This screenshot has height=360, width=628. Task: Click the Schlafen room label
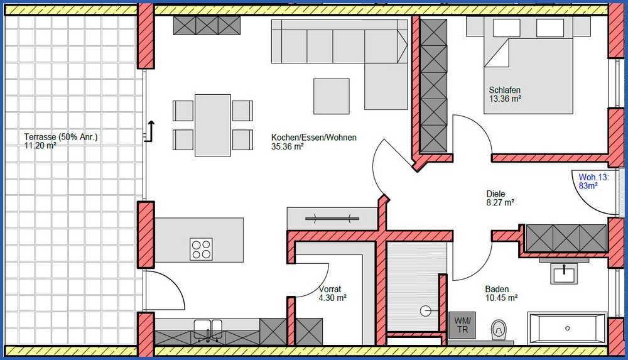[x=505, y=90]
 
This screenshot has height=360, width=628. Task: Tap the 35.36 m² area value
[x=287, y=146]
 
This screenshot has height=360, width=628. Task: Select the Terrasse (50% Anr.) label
[x=61, y=137]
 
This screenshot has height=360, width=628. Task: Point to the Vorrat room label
[x=330, y=288]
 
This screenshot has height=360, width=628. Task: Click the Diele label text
[x=495, y=194]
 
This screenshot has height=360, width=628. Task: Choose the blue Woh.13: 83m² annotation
[x=593, y=181]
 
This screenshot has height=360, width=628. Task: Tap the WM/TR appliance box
[x=462, y=325]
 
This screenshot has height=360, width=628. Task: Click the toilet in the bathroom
[x=499, y=329]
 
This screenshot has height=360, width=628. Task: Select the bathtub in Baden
[x=567, y=328]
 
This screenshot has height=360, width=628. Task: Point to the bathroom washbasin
[x=564, y=273]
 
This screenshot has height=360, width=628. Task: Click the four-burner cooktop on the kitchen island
[x=202, y=249]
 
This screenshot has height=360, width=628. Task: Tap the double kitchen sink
[x=208, y=330]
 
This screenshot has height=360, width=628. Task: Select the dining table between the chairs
[x=213, y=125]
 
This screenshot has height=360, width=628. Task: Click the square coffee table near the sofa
[x=331, y=96]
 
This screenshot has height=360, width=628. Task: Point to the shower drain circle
[x=426, y=311]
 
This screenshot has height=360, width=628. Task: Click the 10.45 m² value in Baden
[x=501, y=298]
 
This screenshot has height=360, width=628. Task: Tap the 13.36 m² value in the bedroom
[x=505, y=99]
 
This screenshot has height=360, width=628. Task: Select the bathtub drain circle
[x=567, y=329]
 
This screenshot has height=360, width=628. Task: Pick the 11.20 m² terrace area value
[x=40, y=145]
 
